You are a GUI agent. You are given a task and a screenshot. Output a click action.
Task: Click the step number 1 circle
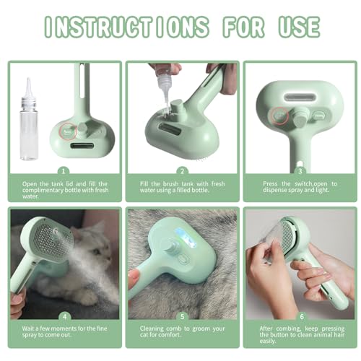[63, 172]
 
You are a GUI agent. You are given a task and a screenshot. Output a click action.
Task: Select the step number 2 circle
[182, 172]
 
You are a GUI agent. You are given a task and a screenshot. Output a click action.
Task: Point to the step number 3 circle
[301, 172]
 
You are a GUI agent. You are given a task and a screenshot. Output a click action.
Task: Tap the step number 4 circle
[63, 317]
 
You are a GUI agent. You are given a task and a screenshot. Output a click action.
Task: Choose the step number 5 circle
[182, 317]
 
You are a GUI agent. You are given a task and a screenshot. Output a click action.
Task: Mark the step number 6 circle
[301, 317]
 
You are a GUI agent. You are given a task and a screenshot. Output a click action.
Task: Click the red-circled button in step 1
[66, 132]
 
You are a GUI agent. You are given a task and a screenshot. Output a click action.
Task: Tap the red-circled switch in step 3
[278, 113]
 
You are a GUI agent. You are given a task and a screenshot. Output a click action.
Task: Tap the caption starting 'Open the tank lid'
[63, 190]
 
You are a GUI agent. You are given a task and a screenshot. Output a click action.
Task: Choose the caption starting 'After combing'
[301, 334]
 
